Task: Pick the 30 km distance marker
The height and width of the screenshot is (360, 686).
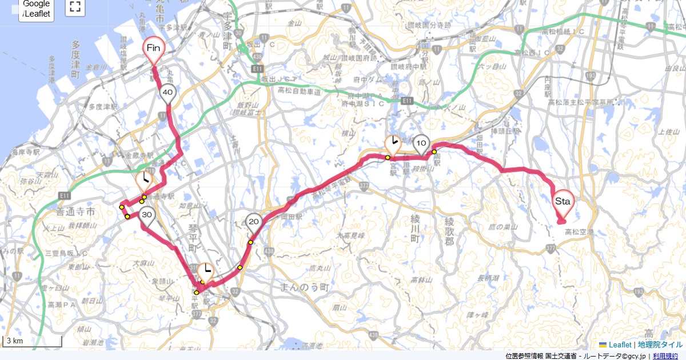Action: tap(147, 215)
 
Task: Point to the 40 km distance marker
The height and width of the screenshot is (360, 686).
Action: tap(167, 93)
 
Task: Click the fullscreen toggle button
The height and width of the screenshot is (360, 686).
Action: tap(74, 7)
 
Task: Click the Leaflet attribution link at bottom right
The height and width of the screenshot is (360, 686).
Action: tap(619, 345)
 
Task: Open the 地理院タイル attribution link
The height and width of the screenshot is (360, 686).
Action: tap(660, 345)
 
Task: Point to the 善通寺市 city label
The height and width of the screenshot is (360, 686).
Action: tap(78, 212)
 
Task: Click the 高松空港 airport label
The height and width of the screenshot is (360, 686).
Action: tap(579, 232)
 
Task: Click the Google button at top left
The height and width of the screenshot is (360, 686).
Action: tap(37, 8)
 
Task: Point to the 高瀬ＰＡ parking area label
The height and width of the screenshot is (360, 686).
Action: tap(63, 305)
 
